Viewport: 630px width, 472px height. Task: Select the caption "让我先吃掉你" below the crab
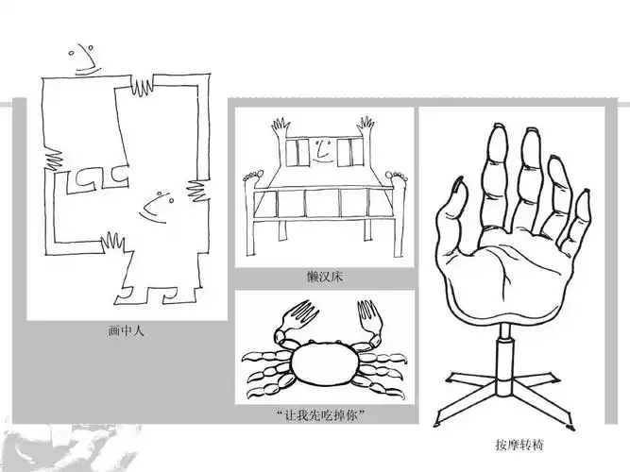pos(324,415)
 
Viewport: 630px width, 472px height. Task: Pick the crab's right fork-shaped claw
pos(366,317)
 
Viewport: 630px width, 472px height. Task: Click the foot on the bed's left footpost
pos(250,176)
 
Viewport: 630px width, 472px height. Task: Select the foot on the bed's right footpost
pos(396,176)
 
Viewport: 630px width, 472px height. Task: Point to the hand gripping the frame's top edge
pos(143,85)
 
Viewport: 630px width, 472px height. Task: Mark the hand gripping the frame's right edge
pos(197,189)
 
